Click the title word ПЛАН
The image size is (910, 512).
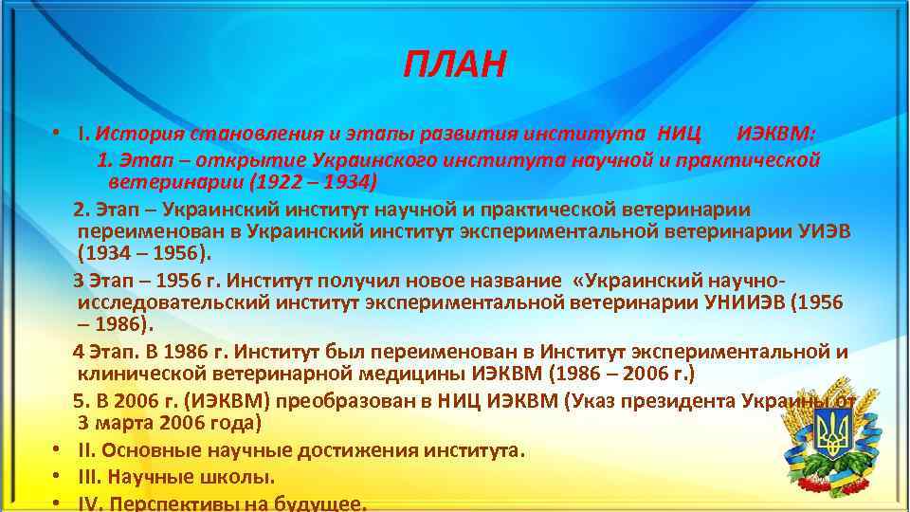pyautogui.click(x=455, y=65)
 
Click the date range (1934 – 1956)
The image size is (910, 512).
pyautogui.click(x=146, y=254)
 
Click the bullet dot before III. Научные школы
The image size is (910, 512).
pyautogui.click(x=58, y=475)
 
